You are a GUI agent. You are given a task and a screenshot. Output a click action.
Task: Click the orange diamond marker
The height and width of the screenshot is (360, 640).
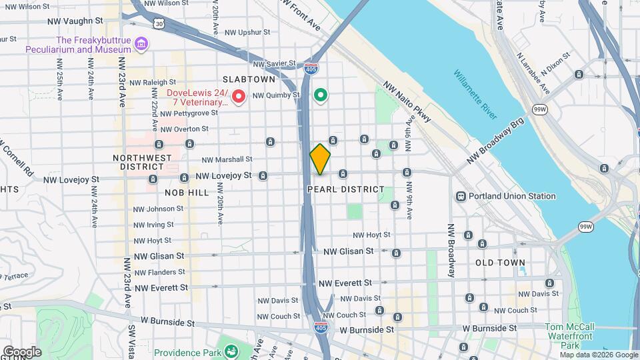click(x=320, y=159)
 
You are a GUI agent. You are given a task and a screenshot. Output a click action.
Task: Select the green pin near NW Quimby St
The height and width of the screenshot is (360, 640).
click(x=321, y=96)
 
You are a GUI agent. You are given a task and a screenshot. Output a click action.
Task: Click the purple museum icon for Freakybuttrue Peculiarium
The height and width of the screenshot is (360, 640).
click(x=141, y=45)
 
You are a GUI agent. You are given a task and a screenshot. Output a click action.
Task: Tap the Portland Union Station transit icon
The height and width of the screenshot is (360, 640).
click(x=461, y=196)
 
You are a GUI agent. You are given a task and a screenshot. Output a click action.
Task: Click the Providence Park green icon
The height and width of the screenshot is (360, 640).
click(x=231, y=351)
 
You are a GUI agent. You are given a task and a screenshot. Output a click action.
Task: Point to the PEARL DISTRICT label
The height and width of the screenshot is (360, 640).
click(x=346, y=189)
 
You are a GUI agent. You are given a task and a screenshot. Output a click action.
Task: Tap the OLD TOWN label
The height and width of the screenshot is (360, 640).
click(x=500, y=263)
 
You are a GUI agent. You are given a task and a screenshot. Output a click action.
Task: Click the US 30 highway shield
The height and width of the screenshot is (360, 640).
click(x=158, y=23)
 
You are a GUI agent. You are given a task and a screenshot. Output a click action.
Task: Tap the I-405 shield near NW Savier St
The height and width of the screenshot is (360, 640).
click(x=310, y=68)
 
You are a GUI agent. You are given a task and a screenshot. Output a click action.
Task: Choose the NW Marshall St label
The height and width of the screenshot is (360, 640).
click(x=227, y=159)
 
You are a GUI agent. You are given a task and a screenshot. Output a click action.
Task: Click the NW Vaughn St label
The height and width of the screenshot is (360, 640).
click(x=73, y=21)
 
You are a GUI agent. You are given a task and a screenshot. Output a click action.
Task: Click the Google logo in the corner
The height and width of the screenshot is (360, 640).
click(x=21, y=351)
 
